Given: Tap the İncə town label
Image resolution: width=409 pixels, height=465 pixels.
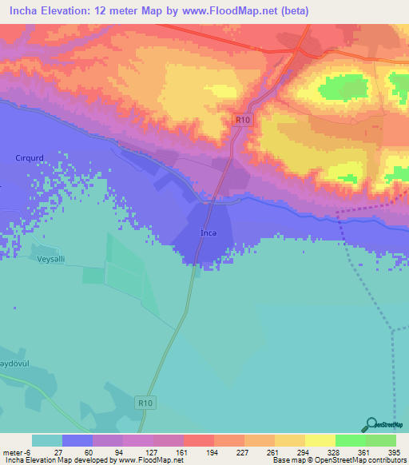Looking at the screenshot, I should [x=208, y=233].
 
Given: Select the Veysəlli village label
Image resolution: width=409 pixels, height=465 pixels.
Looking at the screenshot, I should [x=54, y=259].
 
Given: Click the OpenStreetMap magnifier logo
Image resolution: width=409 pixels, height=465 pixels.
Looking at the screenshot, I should [x=371, y=425].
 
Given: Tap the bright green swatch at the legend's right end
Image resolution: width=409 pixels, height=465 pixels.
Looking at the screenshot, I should [x=380, y=440].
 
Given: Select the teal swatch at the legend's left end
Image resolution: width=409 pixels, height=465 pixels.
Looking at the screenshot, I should [x=47, y=440].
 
